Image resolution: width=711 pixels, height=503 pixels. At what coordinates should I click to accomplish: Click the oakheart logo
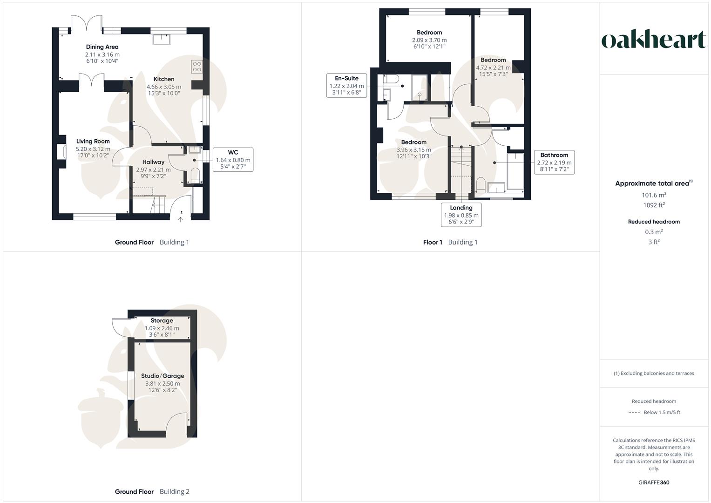click(654, 40)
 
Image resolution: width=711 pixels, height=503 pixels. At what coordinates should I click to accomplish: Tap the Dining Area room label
click(102, 47)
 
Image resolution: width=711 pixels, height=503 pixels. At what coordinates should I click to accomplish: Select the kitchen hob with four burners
click(196, 67)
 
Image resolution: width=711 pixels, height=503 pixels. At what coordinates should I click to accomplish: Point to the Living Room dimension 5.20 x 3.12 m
click(93, 149)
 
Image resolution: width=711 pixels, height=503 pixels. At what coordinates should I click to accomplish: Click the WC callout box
click(233, 160)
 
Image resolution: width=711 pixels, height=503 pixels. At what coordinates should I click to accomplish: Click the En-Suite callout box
click(346, 86)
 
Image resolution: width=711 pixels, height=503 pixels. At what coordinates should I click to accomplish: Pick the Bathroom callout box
click(554, 162)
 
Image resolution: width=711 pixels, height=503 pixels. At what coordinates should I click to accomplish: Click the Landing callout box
click(461, 215)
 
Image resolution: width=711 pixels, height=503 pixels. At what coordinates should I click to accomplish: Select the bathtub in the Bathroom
click(515, 171)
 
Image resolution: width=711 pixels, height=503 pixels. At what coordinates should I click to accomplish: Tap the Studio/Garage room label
click(163, 376)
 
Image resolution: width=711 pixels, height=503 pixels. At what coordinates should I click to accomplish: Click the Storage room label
click(162, 320)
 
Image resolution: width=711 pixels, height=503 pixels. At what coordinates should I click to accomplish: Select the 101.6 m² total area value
click(654, 195)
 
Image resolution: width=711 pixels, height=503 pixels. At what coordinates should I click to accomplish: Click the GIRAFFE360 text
click(654, 483)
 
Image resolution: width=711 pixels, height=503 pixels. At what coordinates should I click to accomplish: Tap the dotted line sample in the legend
click(634, 413)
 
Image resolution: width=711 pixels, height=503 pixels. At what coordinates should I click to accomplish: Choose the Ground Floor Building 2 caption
click(152, 492)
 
